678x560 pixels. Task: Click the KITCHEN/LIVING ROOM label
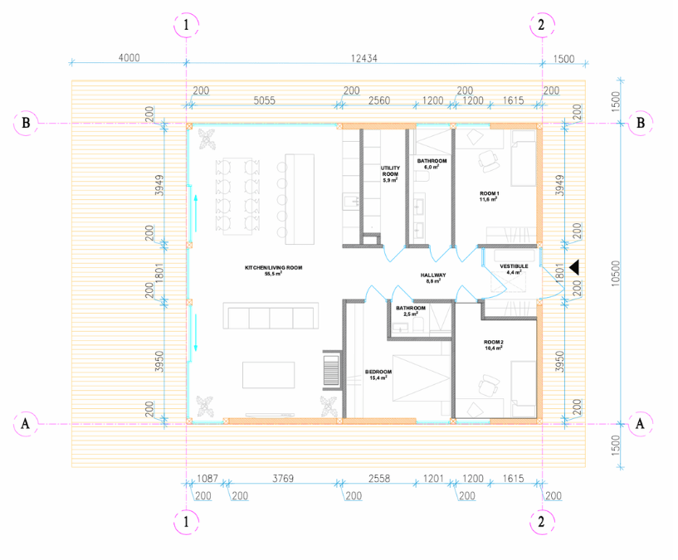click(x=272, y=270)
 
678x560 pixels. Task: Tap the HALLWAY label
click(x=433, y=277)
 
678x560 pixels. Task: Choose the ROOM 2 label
click(x=495, y=345)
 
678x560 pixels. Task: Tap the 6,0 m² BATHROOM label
click(x=432, y=163)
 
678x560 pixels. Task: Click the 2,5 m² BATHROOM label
click(x=411, y=310)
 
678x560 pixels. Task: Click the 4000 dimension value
click(x=129, y=58)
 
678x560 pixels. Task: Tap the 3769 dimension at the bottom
click(x=283, y=480)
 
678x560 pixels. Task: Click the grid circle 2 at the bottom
click(x=541, y=522)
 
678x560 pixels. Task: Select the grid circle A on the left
click(x=26, y=422)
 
